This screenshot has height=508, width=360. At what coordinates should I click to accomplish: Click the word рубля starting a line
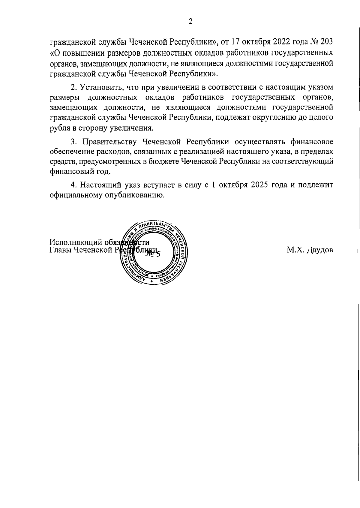[x=59, y=128]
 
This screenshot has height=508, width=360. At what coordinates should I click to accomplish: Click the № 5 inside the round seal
[x=153, y=254]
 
